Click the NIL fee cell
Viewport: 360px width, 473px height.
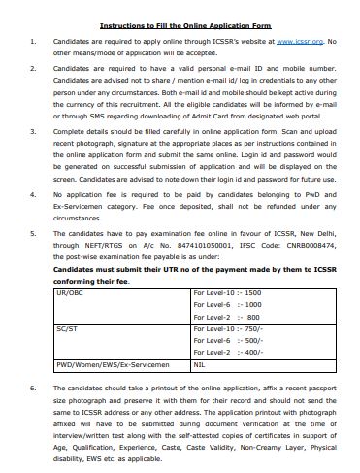200,365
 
